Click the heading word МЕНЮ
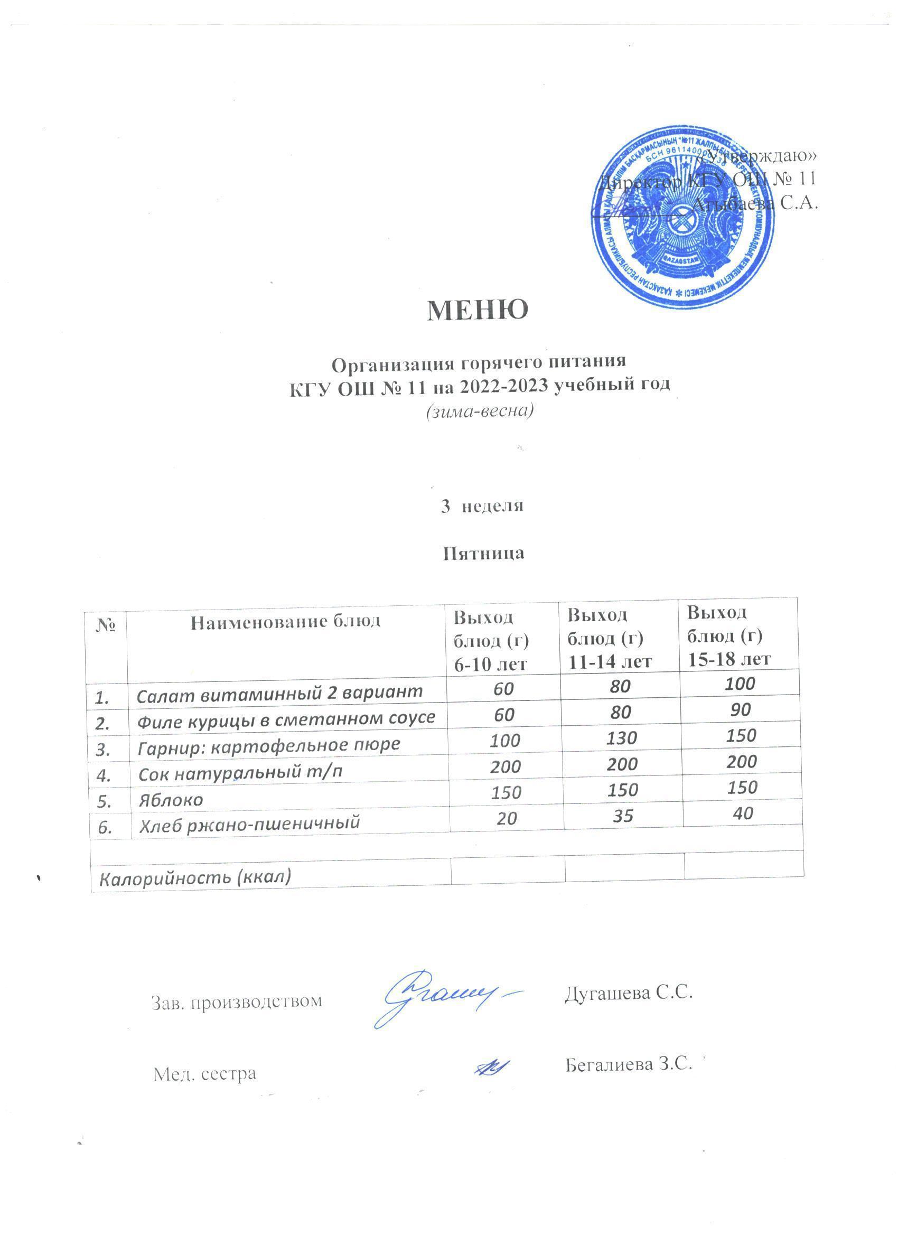(478, 311)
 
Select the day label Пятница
(482, 553)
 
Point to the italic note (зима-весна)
(478, 410)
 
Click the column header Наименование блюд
(285, 621)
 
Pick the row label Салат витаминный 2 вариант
(279, 692)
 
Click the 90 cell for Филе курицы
(741, 709)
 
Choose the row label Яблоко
(171, 799)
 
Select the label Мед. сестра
(204, 1073)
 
